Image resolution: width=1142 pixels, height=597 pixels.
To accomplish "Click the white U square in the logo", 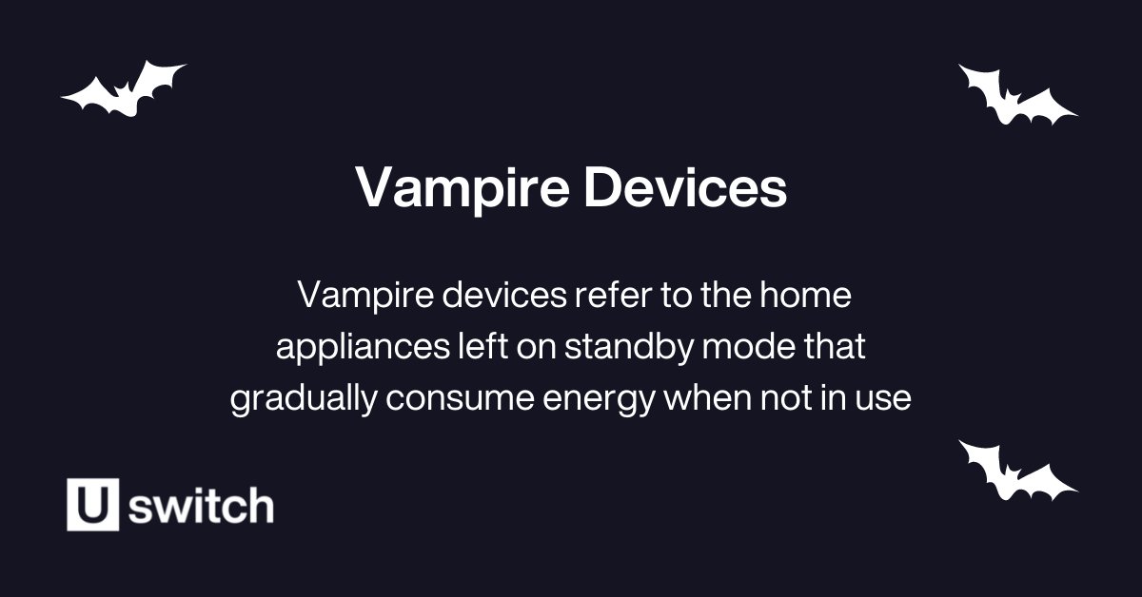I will tap(92, 505).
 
